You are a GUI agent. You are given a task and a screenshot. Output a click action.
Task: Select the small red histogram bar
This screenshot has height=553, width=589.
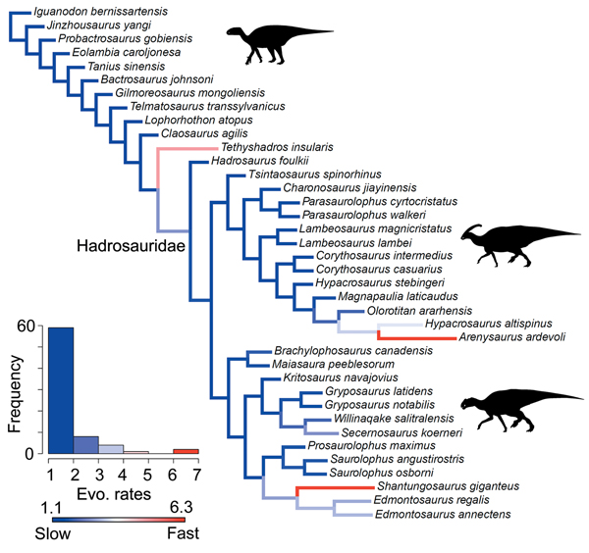pyautogui.click(x=185, y=451)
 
